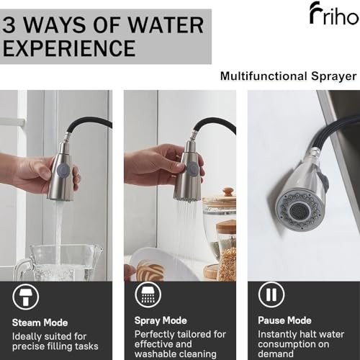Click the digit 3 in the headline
9,25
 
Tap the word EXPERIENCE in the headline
69,48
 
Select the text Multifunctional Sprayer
288,76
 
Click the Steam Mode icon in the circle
25,297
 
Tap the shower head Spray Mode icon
148,294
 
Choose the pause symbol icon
271,294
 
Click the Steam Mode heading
40,323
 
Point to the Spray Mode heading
161,321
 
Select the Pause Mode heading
284,320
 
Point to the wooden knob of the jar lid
228,192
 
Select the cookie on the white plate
150,269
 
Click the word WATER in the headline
166,25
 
